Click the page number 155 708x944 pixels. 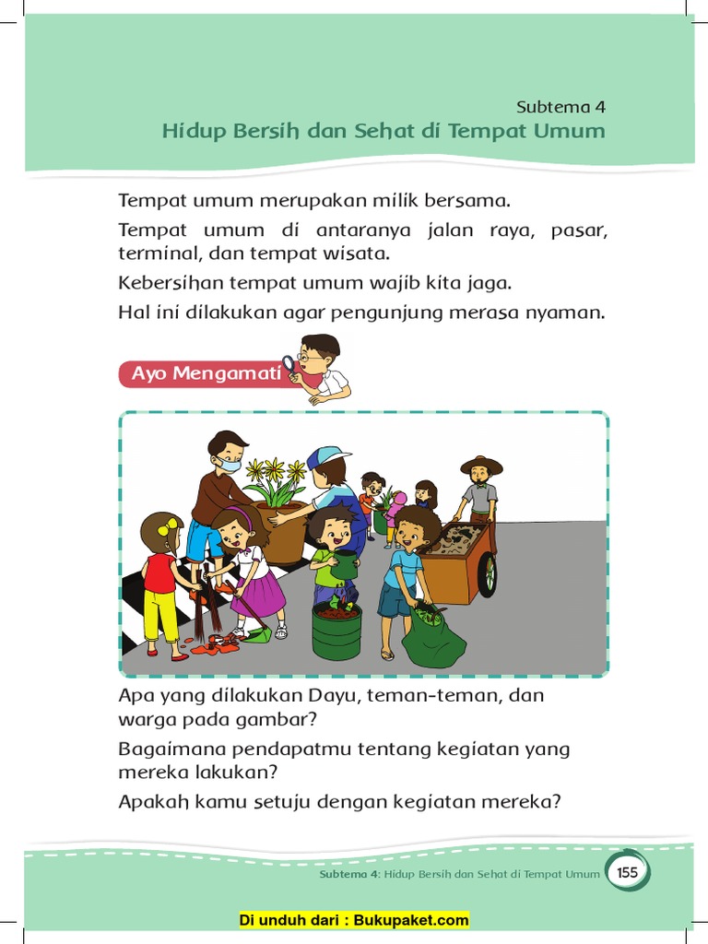628,872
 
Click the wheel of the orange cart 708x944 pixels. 487,573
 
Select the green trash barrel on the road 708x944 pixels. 336,630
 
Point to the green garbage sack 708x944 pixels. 432,637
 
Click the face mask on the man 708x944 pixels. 230,465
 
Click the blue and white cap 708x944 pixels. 329,456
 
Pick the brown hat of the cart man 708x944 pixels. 481,464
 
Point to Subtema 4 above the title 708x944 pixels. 560,106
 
